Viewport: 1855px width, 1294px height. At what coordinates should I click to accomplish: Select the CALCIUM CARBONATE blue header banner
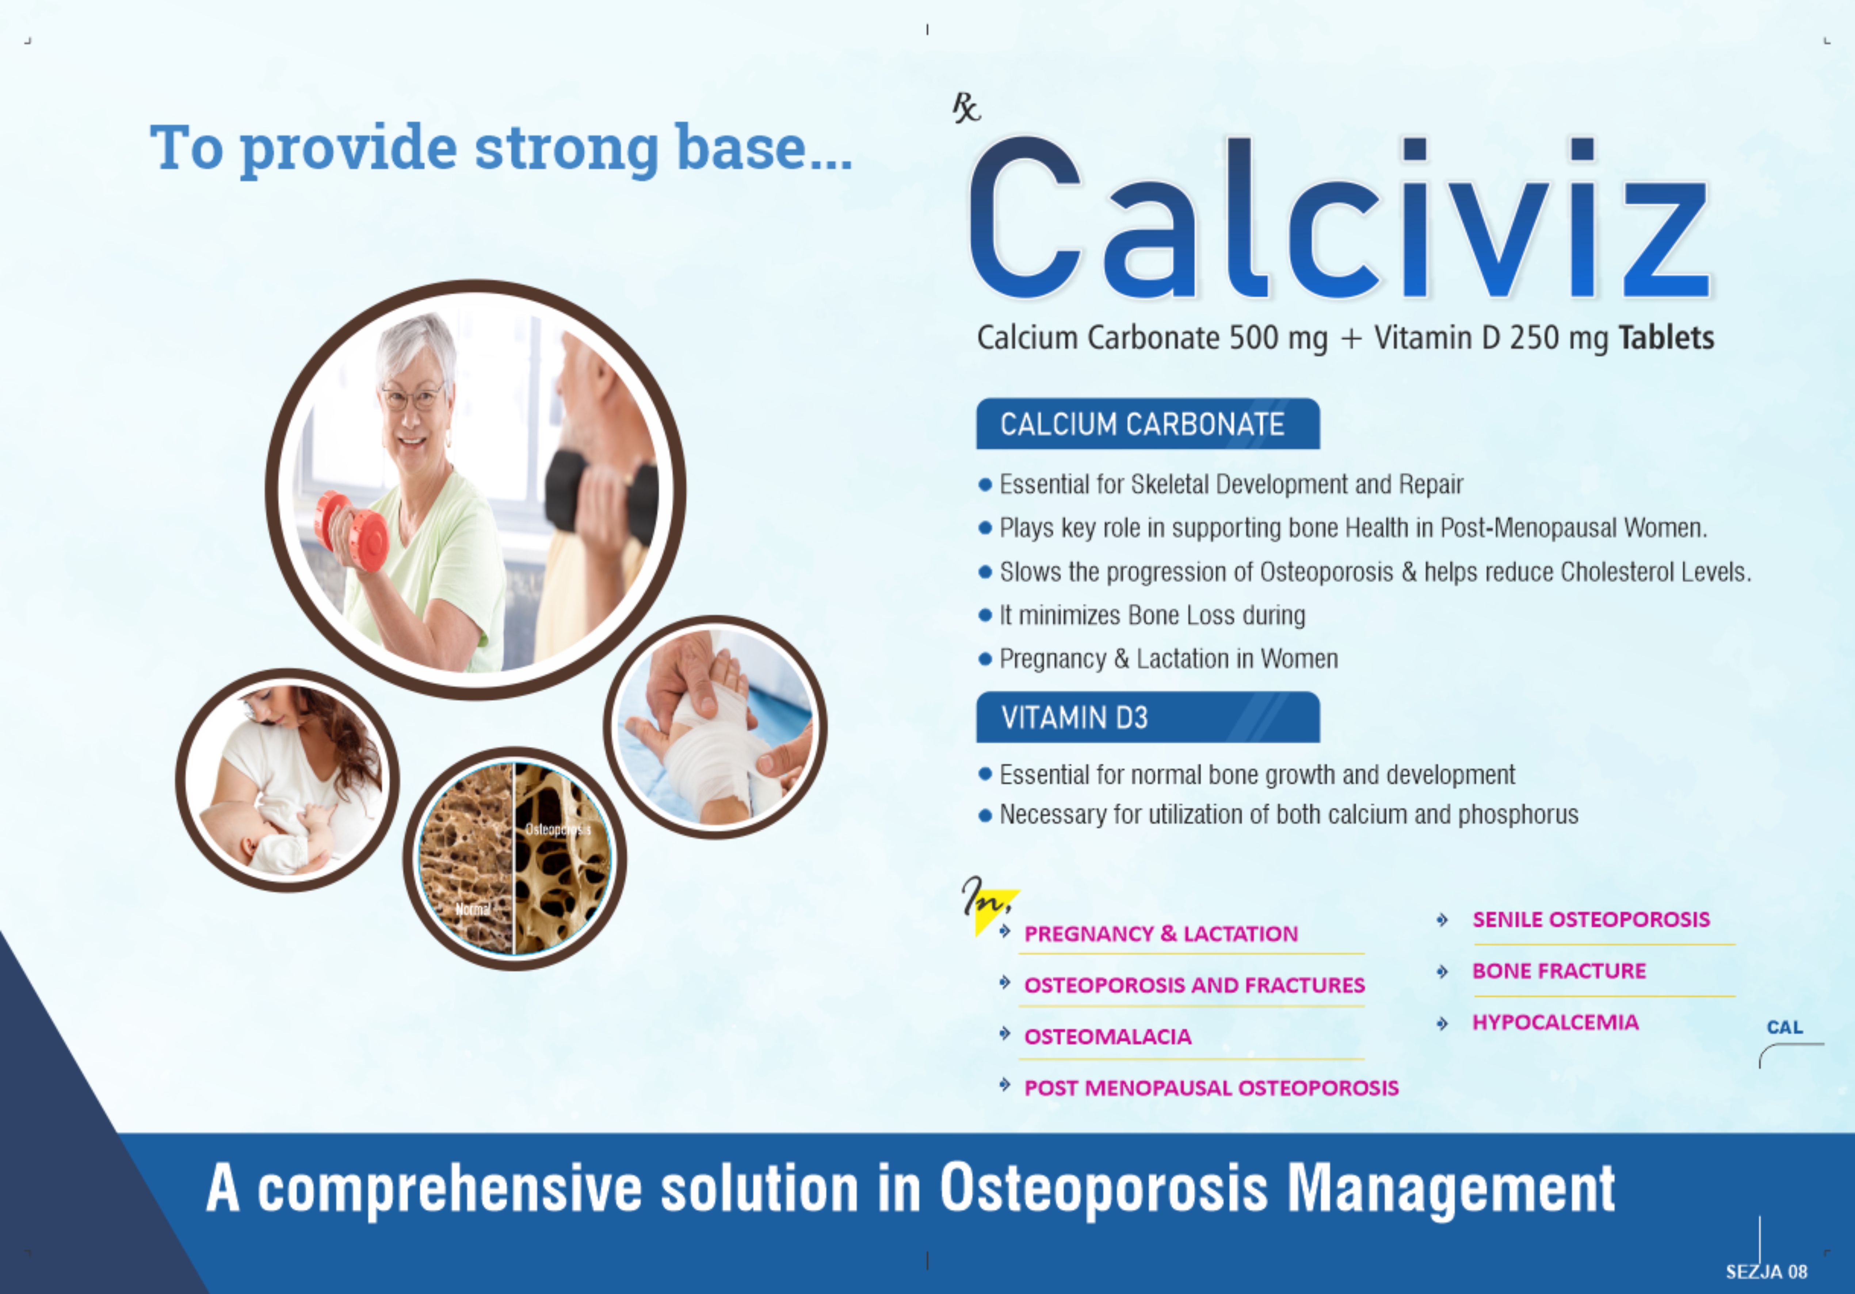pyautogui.click(x=1147, y=424)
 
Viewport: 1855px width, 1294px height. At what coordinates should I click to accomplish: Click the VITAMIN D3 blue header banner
pyautogui.click(x=1147, y=717)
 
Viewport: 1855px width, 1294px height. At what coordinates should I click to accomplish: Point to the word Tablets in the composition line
pyautogui.click(x=1666, y=337)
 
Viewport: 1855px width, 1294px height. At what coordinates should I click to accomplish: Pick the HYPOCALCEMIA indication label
pyautogui.click(x=1555, y=1023)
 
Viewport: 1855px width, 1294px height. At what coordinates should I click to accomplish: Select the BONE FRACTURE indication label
pyautogui.click(x=1558, y=971)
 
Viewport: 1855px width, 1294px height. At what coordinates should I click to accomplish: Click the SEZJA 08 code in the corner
pyautogui.click(x=1766, y=1272)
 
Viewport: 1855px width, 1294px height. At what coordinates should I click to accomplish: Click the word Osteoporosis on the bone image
pyautogui.click(x=557, y=829)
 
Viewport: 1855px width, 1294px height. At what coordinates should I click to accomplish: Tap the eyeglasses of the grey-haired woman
pyautogui.click(x=414, y=397)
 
